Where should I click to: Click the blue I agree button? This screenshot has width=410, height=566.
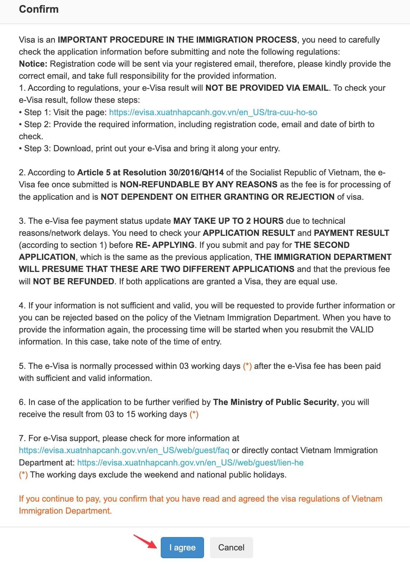[x=182, y=547]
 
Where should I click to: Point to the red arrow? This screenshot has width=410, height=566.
[x=145, y=541]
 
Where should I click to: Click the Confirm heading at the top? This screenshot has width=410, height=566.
[x=39, y=9]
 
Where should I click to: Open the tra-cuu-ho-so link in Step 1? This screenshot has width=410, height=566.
[x=213, y=113]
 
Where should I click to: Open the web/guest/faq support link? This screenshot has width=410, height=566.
[x=124, y=451]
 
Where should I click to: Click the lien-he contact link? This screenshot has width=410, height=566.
[x=190, y=463]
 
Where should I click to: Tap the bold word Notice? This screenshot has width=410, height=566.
[x=33, y=64]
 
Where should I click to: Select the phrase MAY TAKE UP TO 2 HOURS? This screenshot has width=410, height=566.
[x=228, y=221]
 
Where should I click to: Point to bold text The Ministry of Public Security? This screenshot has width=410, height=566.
[x=275, y=402]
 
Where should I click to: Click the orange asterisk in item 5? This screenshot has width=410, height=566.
[x=247, y=366]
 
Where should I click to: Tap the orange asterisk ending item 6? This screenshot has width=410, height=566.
[x=194, y=414]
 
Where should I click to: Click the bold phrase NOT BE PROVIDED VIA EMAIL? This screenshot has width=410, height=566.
[x=267, y=88]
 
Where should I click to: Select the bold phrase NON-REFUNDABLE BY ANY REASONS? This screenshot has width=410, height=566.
[x=198, y=185]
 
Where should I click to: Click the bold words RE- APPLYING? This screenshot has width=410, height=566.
[x=165, y=245]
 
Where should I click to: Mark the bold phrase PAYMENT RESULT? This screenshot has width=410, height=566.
[x=351, y=233]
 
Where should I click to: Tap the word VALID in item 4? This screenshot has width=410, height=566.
[x=362, y=330]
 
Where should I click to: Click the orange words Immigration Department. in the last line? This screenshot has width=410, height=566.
[x=65, y=511]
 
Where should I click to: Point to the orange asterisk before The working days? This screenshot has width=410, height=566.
[x=23, y=475]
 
